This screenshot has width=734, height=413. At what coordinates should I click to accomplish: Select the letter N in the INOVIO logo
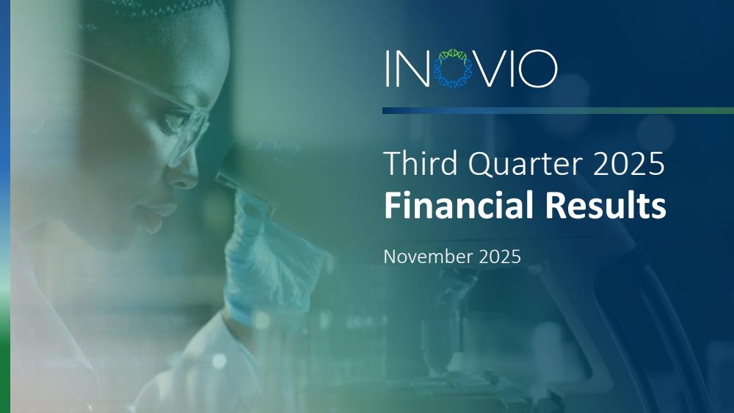(x=413, y=68)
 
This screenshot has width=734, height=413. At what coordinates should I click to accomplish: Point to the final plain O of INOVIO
(x=538, y=68)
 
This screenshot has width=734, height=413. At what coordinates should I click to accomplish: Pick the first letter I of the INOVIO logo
(x=388, y=68)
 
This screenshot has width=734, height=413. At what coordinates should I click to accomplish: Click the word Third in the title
(x=421, y=163)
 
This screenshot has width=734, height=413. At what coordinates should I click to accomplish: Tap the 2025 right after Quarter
(x=629, y=164)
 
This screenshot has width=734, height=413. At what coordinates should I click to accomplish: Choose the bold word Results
(x=606, y=205)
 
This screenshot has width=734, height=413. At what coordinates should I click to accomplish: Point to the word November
(x=428, y=257)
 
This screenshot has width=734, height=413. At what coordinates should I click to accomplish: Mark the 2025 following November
(x=500, y=257)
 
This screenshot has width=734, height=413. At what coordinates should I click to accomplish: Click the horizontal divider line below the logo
(x=558, y=111)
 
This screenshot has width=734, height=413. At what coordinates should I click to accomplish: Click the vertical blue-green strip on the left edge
(x=5, y=206)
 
